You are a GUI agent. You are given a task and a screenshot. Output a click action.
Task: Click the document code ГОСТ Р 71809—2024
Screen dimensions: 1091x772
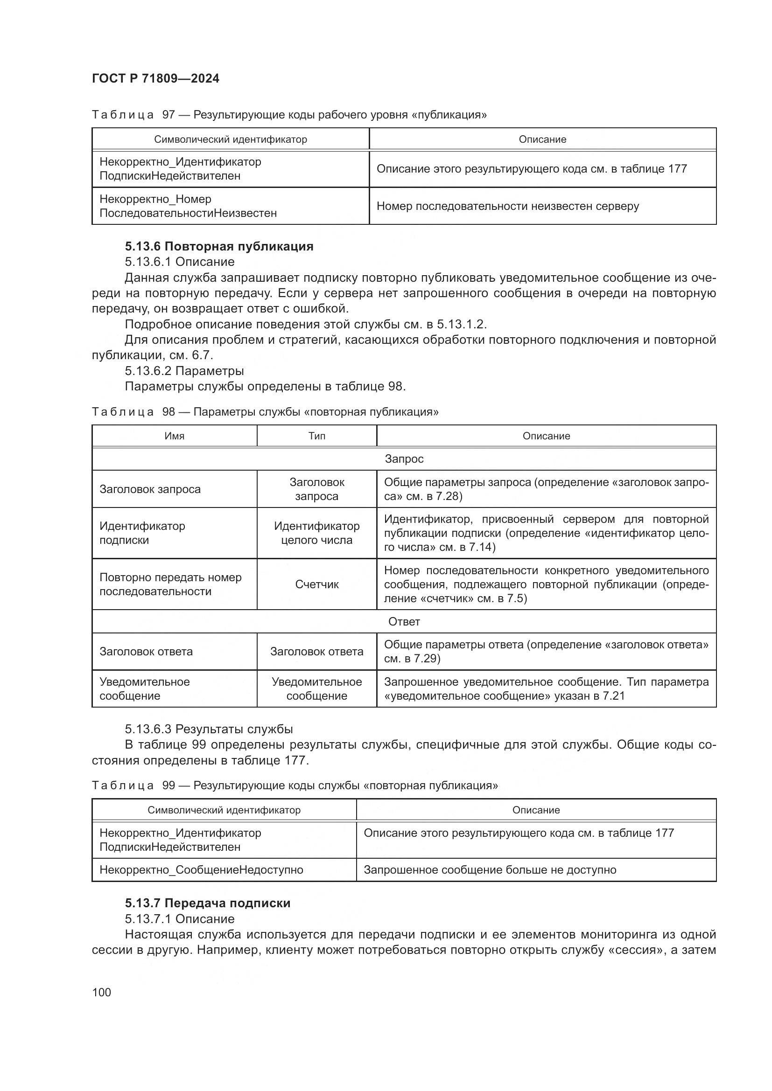pos(155,78)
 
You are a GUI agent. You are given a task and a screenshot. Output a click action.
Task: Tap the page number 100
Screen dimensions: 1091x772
pos(101,992)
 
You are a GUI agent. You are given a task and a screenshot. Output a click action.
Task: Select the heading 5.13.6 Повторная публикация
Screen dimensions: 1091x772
pos(219,246)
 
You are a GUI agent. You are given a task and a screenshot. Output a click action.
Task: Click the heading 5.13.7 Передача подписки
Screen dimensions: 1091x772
pos(208,903)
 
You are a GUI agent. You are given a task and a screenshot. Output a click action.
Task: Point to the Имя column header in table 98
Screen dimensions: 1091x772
pos(175,436)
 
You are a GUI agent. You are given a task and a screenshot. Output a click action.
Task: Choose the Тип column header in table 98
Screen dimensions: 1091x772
pos(316,436)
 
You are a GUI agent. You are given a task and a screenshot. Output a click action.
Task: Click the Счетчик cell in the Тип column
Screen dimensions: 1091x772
pos(316,584)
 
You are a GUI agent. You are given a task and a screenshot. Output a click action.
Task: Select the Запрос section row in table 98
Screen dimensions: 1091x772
pos(404,459)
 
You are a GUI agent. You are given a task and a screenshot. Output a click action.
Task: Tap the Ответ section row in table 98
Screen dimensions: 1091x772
pos(404,621)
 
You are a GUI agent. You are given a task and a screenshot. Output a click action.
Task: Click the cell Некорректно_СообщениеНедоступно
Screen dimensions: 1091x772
pos(201,869)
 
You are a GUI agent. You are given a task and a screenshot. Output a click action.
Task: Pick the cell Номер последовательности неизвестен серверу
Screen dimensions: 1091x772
pos(508,206)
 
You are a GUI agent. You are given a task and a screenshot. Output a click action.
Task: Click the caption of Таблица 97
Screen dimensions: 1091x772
pos(289,115)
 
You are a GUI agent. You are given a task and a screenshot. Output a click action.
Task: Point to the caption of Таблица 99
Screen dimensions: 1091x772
pos(295,785)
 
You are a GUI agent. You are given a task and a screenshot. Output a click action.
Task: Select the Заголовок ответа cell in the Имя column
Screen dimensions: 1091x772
pos(146,651)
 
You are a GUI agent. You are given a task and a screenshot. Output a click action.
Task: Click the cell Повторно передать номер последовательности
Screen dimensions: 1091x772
pos(170,584)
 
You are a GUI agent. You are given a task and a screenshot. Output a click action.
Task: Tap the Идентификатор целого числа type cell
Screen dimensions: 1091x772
pos(316,533)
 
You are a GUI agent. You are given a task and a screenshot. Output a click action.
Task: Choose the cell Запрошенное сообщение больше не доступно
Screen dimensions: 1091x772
pos(490,869)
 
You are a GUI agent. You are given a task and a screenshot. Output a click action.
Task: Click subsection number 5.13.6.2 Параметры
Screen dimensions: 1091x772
pos(184,371)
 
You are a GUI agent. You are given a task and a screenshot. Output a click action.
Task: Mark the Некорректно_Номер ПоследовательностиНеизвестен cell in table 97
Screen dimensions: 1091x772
pos(188,206)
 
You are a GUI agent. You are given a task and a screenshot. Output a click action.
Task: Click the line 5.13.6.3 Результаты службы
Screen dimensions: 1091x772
pos(209,729)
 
